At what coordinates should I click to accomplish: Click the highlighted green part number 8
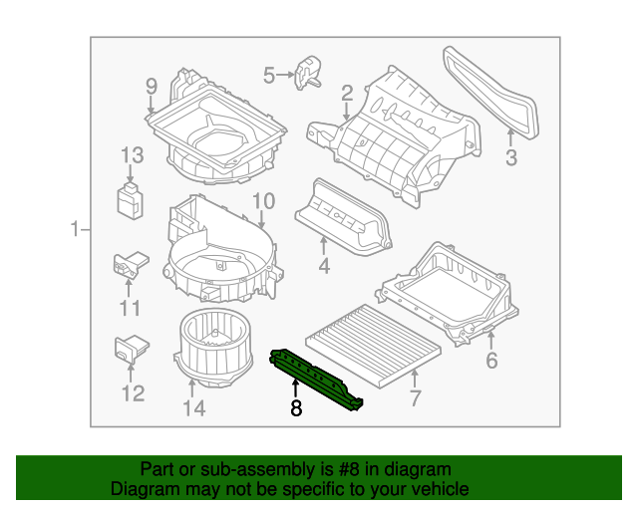[316, 380]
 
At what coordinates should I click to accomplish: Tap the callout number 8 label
[296, 408]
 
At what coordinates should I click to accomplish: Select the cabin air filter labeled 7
[373, 346]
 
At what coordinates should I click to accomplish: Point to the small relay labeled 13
[130, 201]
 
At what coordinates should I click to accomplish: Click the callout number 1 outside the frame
[75, 229]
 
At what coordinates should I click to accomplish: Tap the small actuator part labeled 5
[308, 73]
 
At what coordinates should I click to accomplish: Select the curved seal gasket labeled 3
[491, 92]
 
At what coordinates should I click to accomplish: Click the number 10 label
[263, 201]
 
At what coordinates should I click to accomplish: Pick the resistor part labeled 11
[131, 264]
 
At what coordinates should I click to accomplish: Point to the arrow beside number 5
[285, 75]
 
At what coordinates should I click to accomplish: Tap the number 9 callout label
[151, 87]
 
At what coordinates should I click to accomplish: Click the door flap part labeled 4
[343, 218]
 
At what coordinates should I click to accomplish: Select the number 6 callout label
[491, 361]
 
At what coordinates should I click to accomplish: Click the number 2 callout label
[347, 93]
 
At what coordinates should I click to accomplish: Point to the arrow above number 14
[192, 387]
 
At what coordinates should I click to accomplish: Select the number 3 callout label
[511, 157]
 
